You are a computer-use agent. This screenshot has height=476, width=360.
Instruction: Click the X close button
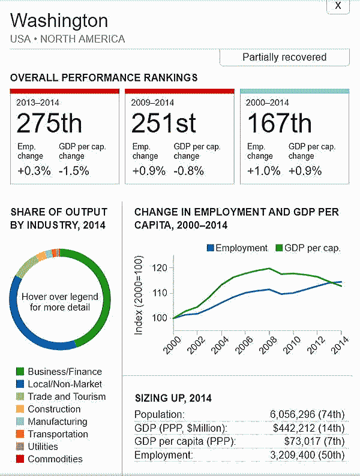point(338,6)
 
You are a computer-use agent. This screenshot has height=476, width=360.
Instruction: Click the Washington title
point(59,21)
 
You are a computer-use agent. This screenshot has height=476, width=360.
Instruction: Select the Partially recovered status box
point(284,58)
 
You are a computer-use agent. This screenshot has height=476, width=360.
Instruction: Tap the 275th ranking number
point(49,123)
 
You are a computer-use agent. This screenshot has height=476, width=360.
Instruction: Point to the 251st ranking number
point(164,123)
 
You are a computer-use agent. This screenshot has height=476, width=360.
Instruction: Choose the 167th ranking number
point(279,123)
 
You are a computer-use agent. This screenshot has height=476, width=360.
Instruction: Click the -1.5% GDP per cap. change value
point(74,170)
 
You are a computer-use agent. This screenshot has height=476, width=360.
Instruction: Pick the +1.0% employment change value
point(263,170)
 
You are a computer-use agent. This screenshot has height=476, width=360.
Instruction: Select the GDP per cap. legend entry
point(307,248)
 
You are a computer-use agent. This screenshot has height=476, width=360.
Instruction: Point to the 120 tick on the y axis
point(160,268)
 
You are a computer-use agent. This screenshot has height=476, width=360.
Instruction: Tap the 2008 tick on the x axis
point(267,344)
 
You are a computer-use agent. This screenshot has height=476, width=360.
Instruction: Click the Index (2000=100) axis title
point(139,296)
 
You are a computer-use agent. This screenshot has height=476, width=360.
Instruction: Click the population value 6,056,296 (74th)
point(308,414)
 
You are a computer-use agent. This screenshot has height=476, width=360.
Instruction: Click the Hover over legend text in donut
point(59,302)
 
